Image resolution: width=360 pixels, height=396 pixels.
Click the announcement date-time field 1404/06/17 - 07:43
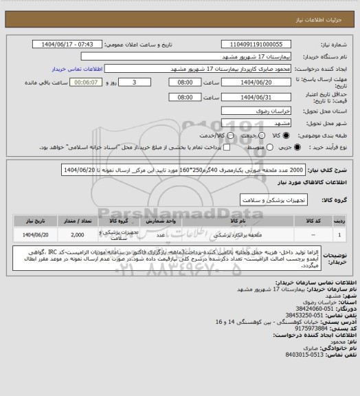coord(69,44)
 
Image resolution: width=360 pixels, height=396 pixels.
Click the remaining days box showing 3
coord(143,82)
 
